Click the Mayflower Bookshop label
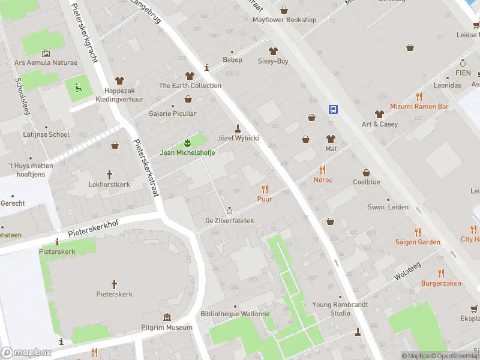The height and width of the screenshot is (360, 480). tap(284, 20)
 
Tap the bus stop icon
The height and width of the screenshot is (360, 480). tap(333, 109)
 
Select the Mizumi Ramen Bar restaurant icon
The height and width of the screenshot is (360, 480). tap(419, 96)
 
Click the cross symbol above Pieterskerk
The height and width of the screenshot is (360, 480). tap(114, 284)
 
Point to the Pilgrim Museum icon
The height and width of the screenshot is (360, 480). tap(166, 317)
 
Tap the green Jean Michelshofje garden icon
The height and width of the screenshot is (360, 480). tap(187, 143)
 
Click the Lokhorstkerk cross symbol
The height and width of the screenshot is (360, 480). tap(109, 175)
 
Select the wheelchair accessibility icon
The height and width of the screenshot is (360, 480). tap(78, 88)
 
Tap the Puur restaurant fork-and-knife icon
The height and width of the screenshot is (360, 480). tap(265, 188)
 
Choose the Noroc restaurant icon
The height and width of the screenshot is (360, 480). tap(322, 170)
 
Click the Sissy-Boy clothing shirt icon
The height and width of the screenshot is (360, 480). tap(273, 51)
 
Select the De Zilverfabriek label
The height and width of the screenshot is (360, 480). tap(229, 221)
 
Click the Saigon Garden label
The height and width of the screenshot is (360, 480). tap(417, 242)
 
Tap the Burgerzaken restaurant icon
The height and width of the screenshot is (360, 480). tap(440, 272)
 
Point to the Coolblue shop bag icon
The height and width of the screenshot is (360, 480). tap(366, 172)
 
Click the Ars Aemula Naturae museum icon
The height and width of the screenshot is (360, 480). tap(46, 53)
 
